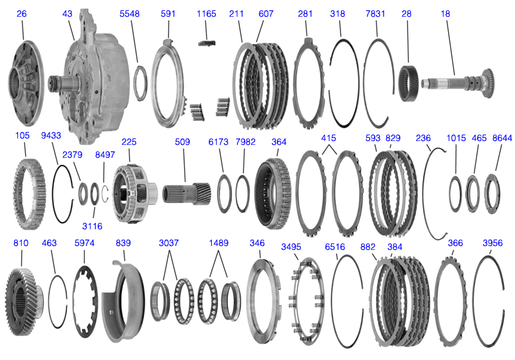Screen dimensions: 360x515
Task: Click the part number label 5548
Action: [129, 14]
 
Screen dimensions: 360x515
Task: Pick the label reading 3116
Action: [91, 226]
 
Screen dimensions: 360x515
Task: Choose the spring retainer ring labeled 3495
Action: [308, 297]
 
